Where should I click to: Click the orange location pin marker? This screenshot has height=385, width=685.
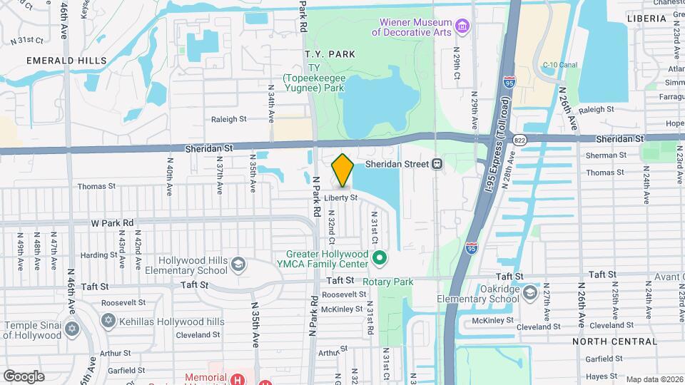[342, 170]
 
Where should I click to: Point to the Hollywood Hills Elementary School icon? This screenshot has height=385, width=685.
[237, 266]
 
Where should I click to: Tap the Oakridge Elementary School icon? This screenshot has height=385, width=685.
[530, 293]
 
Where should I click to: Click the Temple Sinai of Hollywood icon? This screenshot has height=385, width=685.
[71, 329]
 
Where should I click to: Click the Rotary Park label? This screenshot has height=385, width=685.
[387, 282]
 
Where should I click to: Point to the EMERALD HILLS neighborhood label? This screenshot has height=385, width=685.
[66, 61]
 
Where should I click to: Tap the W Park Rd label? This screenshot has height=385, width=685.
[112, 223]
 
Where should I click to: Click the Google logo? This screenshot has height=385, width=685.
[24, 376]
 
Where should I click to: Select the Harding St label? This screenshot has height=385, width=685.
[94, 255]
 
